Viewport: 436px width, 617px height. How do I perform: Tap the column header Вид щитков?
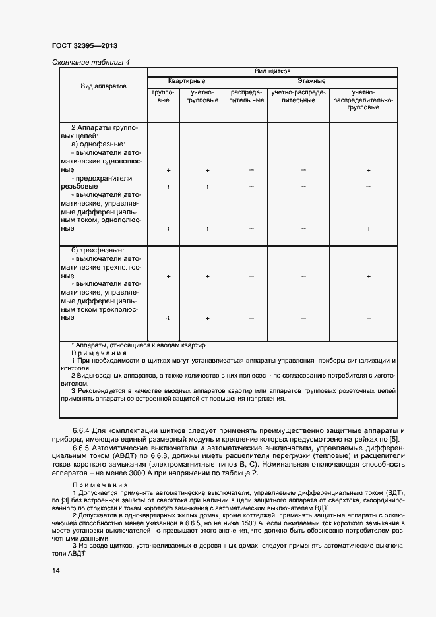[x=272, y=71]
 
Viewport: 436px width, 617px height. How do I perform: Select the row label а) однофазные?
[x=98, y=143]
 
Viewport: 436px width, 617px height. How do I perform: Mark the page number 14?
[x=55, y=572]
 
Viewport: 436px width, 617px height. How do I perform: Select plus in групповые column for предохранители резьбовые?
[x=168, y=187]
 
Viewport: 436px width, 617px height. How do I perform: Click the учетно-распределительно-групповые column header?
[x=362, y=100]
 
